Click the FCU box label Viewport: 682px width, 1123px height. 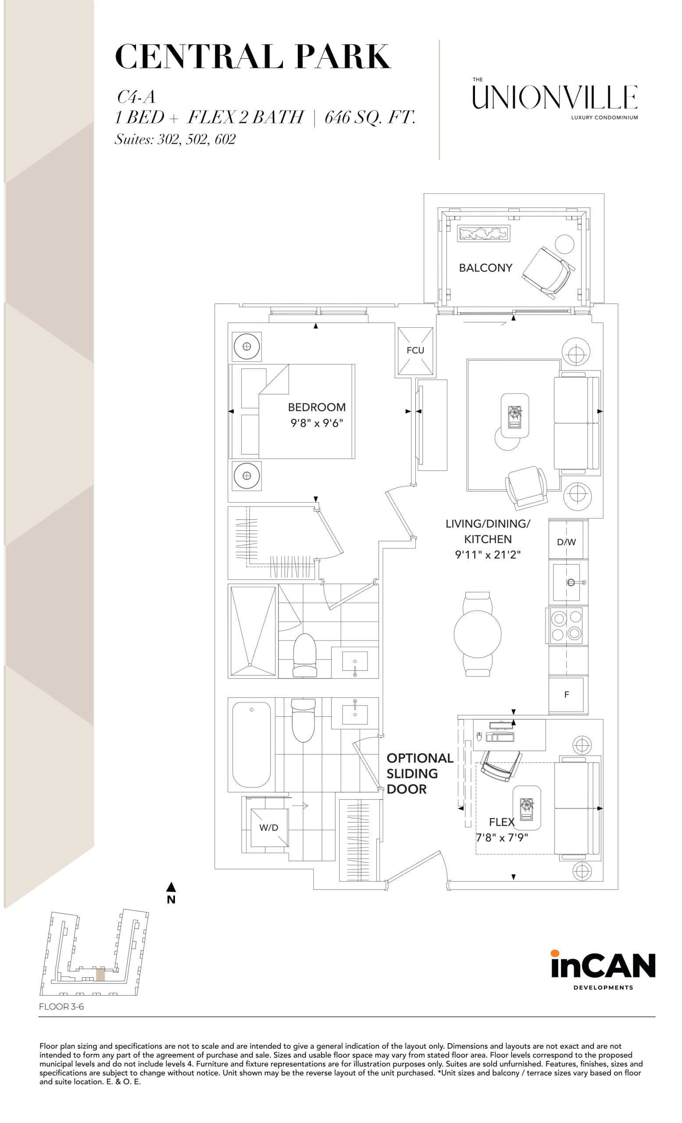pyautogui.click(x=415, y=350)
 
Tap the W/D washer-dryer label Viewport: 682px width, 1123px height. pyautogui.click(x=268, y=827)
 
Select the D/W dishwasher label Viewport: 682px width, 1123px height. pyautogui.click(x=566, y=542)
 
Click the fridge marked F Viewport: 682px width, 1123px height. pyautogui.click(x=566, y=694)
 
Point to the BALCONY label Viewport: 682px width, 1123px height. pyautogui.click(x=485, y=268)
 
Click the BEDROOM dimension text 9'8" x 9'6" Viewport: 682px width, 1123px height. pyautogui.click(x=316, y=423)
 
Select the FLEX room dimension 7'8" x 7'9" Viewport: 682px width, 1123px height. pyautogui.click(x=501, y=838)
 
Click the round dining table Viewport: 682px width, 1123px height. pyautogui.click(x=477, y=633)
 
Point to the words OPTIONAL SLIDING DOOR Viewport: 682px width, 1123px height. pyautogui.click(x=419, y=773)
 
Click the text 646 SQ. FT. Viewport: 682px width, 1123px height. pyautogui.click(x=369, y=118)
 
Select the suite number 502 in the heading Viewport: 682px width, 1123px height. pyautogui.click(x=197, y=139)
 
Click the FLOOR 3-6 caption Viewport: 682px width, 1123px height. pyautogui.click(x=61, y=1007)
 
